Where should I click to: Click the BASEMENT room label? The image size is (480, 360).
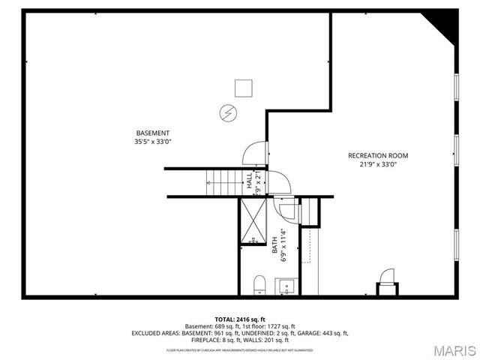[x=152, y=133]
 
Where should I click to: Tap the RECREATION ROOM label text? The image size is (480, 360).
[x=378, y=155]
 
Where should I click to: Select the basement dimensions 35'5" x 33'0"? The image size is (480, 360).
[x=152, y=142]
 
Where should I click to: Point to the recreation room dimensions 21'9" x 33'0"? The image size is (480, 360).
[x=378, y=164]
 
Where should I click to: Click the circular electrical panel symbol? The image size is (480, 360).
[x=226, y=112]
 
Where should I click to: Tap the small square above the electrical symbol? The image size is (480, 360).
[x=242, y=88]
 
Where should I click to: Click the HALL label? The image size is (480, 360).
[x=249, y=181]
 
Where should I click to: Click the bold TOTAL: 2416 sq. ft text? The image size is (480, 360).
[x=240, y=319]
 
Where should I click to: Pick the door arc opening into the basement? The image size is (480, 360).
[x=253, y=152]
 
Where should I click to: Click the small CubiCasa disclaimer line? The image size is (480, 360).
[x=240, y=350]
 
